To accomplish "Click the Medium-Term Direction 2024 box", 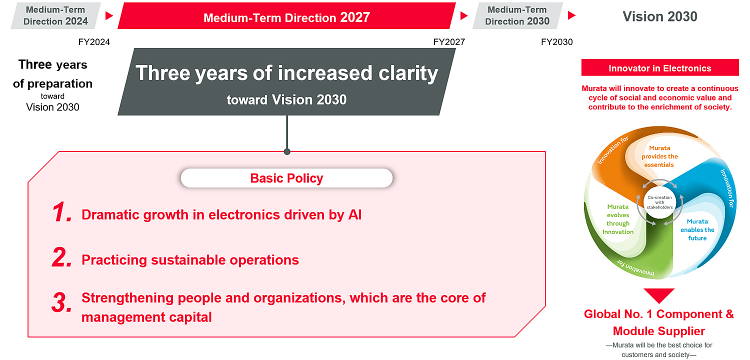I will (x=55, y=15).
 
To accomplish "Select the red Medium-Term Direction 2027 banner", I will (x=286, y=17).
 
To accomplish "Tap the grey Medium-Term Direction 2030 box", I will (x=517, y=15).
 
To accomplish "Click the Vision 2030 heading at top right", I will (x=659, y=16).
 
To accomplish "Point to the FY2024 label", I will (x=94, y=42).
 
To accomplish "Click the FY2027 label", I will (x=449, y=42).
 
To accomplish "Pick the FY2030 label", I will (x=556, y=42).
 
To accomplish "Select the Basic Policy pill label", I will (x=286, y=178).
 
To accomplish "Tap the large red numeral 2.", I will (x=62, y=258).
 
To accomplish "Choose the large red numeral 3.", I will (x=62, y=302).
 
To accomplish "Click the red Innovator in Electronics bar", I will (x=659, y=68).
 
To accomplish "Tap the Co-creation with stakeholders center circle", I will (x=659, y=202).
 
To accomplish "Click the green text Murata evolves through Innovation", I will (x=618, y=219).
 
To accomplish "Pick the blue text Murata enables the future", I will (x=697, y=229).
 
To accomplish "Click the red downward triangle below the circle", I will (x=658, y=295).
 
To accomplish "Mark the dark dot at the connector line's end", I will (x=287, y=151).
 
